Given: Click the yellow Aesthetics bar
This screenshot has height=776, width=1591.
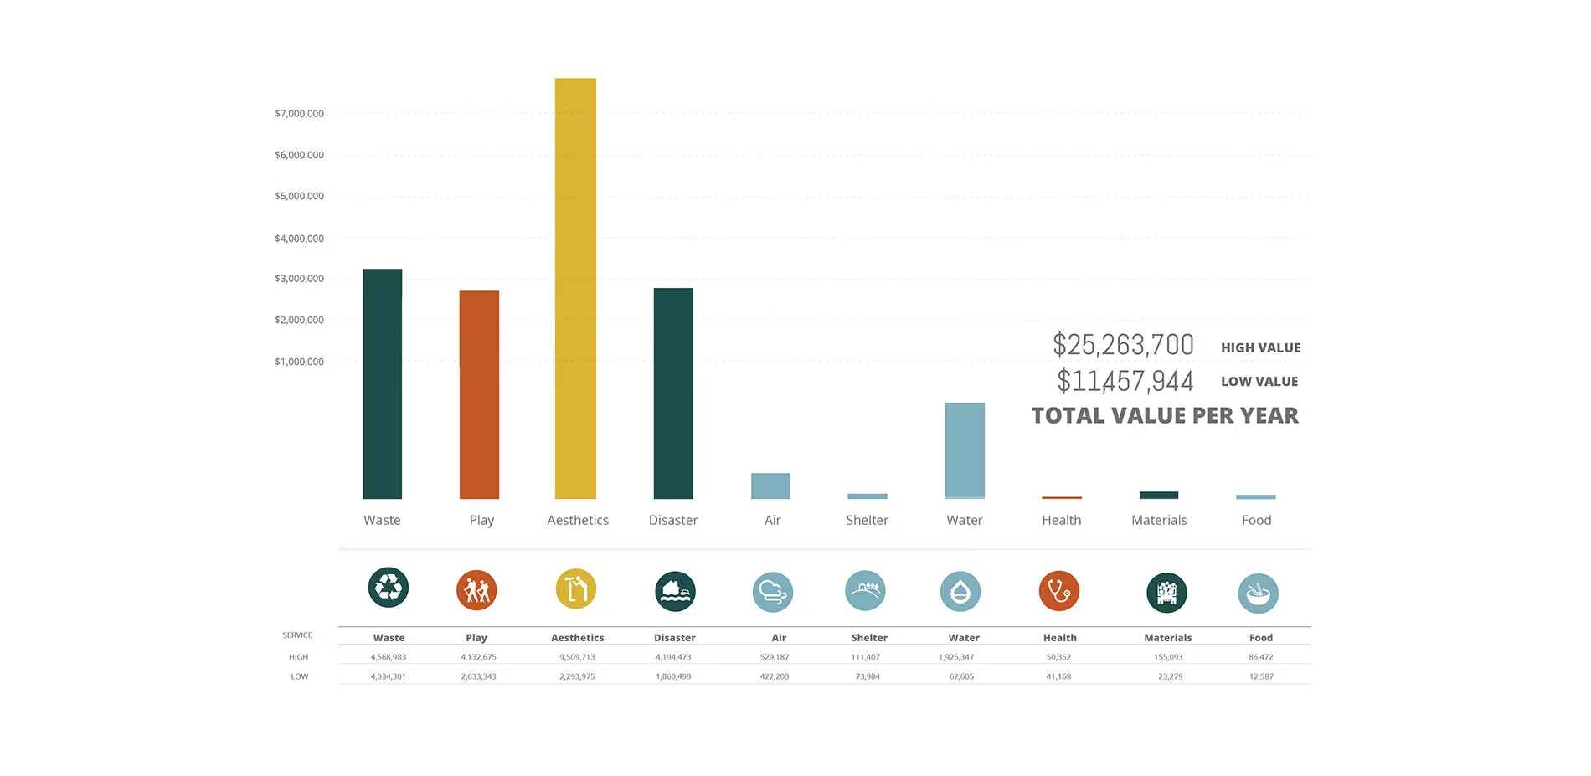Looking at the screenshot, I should click(x=575, y=288).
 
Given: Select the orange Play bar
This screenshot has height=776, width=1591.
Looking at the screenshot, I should click(x=479, y=394).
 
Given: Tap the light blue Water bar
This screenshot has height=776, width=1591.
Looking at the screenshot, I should click(x=965, y=450).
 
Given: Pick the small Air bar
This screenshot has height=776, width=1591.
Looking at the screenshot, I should click(x=770, y=486).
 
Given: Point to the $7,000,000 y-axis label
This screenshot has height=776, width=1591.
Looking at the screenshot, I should click(x=299, y=114).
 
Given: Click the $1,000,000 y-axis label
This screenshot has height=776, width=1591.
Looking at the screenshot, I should click(x=299, y=362).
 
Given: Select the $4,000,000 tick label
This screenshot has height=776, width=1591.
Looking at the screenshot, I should click(x=299, y=239).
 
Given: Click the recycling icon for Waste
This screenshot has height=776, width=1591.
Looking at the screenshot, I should click(x=389, y=588).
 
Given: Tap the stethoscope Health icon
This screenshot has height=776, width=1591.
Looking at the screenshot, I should click(x=1059, y=591).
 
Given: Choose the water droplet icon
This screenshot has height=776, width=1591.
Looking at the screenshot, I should click(x=960, y=592).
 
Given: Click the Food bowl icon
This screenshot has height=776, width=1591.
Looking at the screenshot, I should click(x=1258, y=594).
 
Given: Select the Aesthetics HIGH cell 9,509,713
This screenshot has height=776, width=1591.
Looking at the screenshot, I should click(x=577, y=657).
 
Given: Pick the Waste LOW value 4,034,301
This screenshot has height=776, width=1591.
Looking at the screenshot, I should click(x=388, y=676).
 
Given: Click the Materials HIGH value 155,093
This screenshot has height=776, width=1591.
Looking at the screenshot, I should click(x=1168, y=657).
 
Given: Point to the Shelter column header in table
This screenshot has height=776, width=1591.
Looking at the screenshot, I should click(x=869, y=638).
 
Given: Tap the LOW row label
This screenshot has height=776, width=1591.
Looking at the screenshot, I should click(x=299, y=676).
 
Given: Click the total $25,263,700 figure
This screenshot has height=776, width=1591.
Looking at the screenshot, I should click(x=1123, y=345).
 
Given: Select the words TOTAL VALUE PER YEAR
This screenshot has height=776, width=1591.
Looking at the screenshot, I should click(x=1165, y=415).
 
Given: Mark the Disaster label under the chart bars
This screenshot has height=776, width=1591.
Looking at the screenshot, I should click(x=672, y=520).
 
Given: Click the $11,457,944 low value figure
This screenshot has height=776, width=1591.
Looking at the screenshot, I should click(x=1125, y=382).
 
